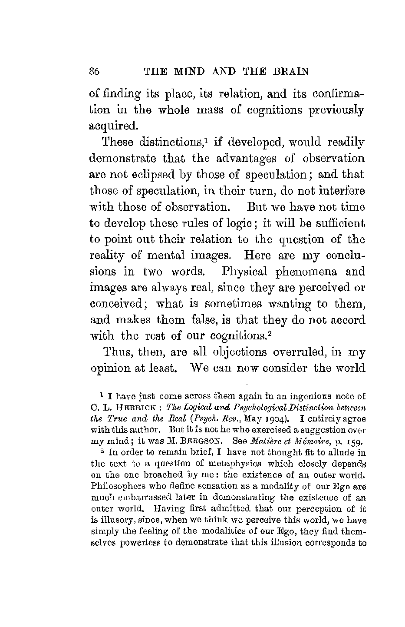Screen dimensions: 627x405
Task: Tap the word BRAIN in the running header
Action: (291, 72)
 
